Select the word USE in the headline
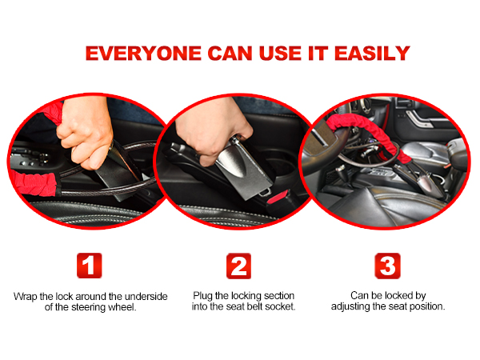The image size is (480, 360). point(276,54)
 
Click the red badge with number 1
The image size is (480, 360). point(89,266)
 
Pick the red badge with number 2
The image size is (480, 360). point(239,266)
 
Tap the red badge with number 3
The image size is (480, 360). point(387,266)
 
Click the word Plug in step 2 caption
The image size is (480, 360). point(204,296)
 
